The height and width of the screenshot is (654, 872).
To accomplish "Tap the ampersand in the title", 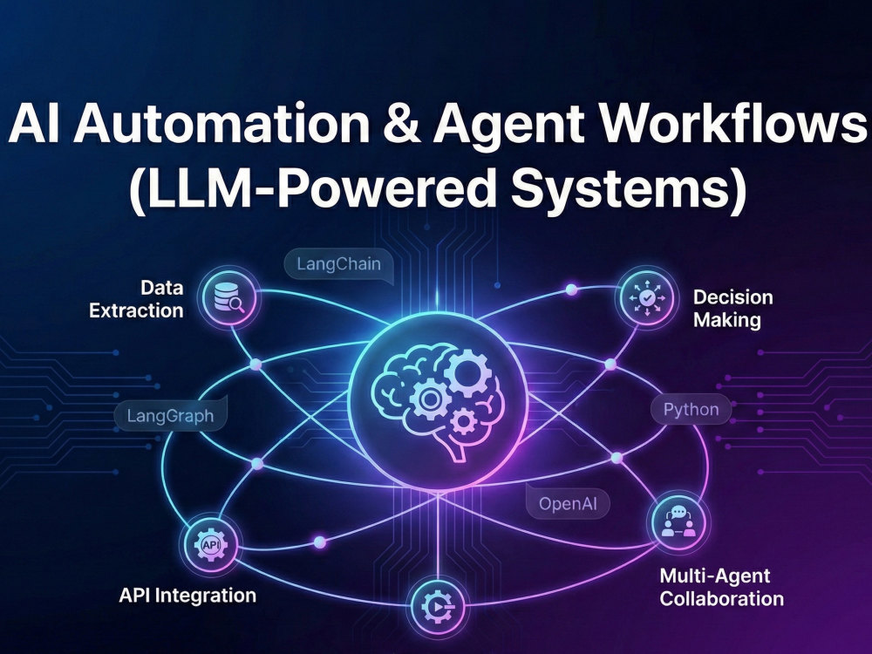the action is pyautogui.click(x=401, y=123).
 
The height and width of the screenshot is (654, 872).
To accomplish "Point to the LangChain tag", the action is pyautogui.click(x=338, y=264).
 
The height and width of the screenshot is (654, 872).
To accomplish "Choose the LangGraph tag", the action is pyautogui.click(x=170, y=415).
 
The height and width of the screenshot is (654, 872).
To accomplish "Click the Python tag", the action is pyautogui.click(x=691, y=410).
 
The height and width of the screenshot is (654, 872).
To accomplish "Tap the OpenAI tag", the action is pyautogui.click(x=568, y=504).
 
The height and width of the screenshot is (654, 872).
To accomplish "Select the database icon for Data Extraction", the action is pyautogui.click(x=229, y=297).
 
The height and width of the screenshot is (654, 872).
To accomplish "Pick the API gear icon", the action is pyautogui.click(x=211, y=545).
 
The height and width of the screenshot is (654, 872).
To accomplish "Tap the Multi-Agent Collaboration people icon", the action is pyautogui.click(x=678, y=522).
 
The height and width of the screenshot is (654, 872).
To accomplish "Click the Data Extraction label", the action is pyautogui.click(x=136, y=298).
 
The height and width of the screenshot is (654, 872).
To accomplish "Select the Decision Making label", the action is pyautogui.click(x=733, y=309).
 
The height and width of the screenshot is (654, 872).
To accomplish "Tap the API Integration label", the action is pyautogui.click(x=187, y=596).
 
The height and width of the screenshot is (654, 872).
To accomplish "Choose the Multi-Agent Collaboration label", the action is pyautogui.click(x=721, y=587).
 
